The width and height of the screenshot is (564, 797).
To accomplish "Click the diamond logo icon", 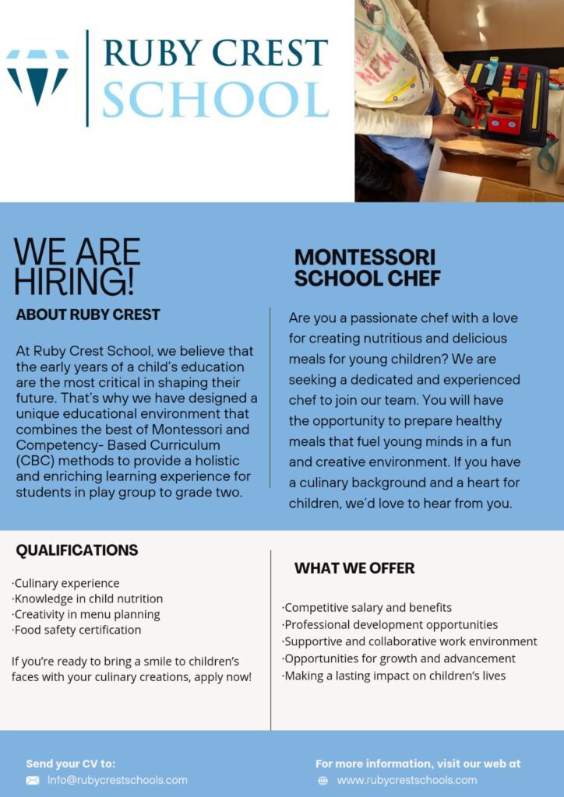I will click(37, 76).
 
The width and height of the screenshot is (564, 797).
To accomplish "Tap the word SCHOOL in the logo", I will click(215, 99).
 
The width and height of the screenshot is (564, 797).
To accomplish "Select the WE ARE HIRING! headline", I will click(77, 266).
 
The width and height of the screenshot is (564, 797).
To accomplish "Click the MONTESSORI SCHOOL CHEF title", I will click(367, 267).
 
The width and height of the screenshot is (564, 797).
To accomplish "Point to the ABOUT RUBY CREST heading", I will click(88, 315).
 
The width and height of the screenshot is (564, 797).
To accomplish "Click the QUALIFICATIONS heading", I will click(77, 550).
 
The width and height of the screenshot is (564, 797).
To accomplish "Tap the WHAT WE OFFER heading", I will click(354, 568).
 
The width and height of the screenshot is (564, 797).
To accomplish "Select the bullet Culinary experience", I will click(67, 583).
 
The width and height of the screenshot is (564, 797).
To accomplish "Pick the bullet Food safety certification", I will click(77, 630).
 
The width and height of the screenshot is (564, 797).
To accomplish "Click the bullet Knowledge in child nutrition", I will click(88, 599).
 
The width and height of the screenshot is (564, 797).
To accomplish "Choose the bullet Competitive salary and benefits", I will click(367, 607).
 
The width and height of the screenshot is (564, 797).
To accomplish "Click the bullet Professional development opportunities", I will click(390, 624).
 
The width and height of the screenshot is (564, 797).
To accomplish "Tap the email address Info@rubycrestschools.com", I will click(118, 780).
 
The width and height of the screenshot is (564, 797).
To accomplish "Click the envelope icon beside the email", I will click(33, 780).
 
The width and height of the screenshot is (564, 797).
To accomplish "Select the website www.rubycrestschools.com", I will click(407, 780).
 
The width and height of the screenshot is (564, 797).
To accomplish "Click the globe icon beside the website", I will click(323, 781).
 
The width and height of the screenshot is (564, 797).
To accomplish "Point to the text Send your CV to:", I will click(71, 764).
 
